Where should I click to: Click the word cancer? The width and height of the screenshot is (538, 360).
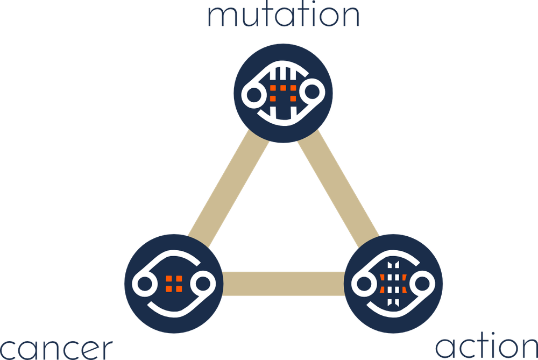(56, 349)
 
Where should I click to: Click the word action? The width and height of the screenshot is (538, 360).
(485, 347)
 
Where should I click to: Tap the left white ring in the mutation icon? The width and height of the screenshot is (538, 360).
(252, 95)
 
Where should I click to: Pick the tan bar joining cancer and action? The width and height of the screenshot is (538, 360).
(283, 283)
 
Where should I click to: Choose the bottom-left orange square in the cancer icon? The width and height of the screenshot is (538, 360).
(169, 288)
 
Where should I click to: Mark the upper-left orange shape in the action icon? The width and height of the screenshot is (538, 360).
(383, 278)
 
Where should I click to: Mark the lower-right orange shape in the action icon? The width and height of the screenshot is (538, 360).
(405, 290)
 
